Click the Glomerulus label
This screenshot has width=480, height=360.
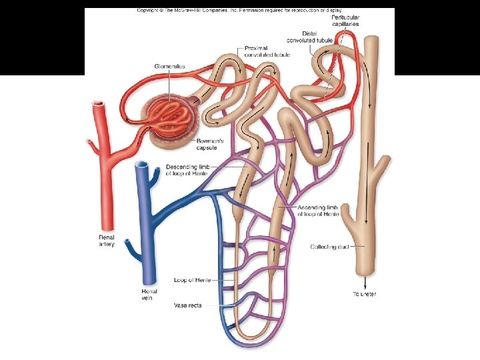(169, 67)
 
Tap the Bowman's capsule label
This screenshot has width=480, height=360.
(211, 144)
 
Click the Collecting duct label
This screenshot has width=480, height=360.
(328, 247)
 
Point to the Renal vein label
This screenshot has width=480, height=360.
(149, 295)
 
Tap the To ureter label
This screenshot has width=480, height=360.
(364, 294)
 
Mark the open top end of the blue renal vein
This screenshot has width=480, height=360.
(141, 165)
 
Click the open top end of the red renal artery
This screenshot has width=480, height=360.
(98, 105)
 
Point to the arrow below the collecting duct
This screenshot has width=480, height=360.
(364, 281)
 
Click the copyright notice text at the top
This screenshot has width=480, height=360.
(240, 11)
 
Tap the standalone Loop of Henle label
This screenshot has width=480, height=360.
(192, 280)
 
